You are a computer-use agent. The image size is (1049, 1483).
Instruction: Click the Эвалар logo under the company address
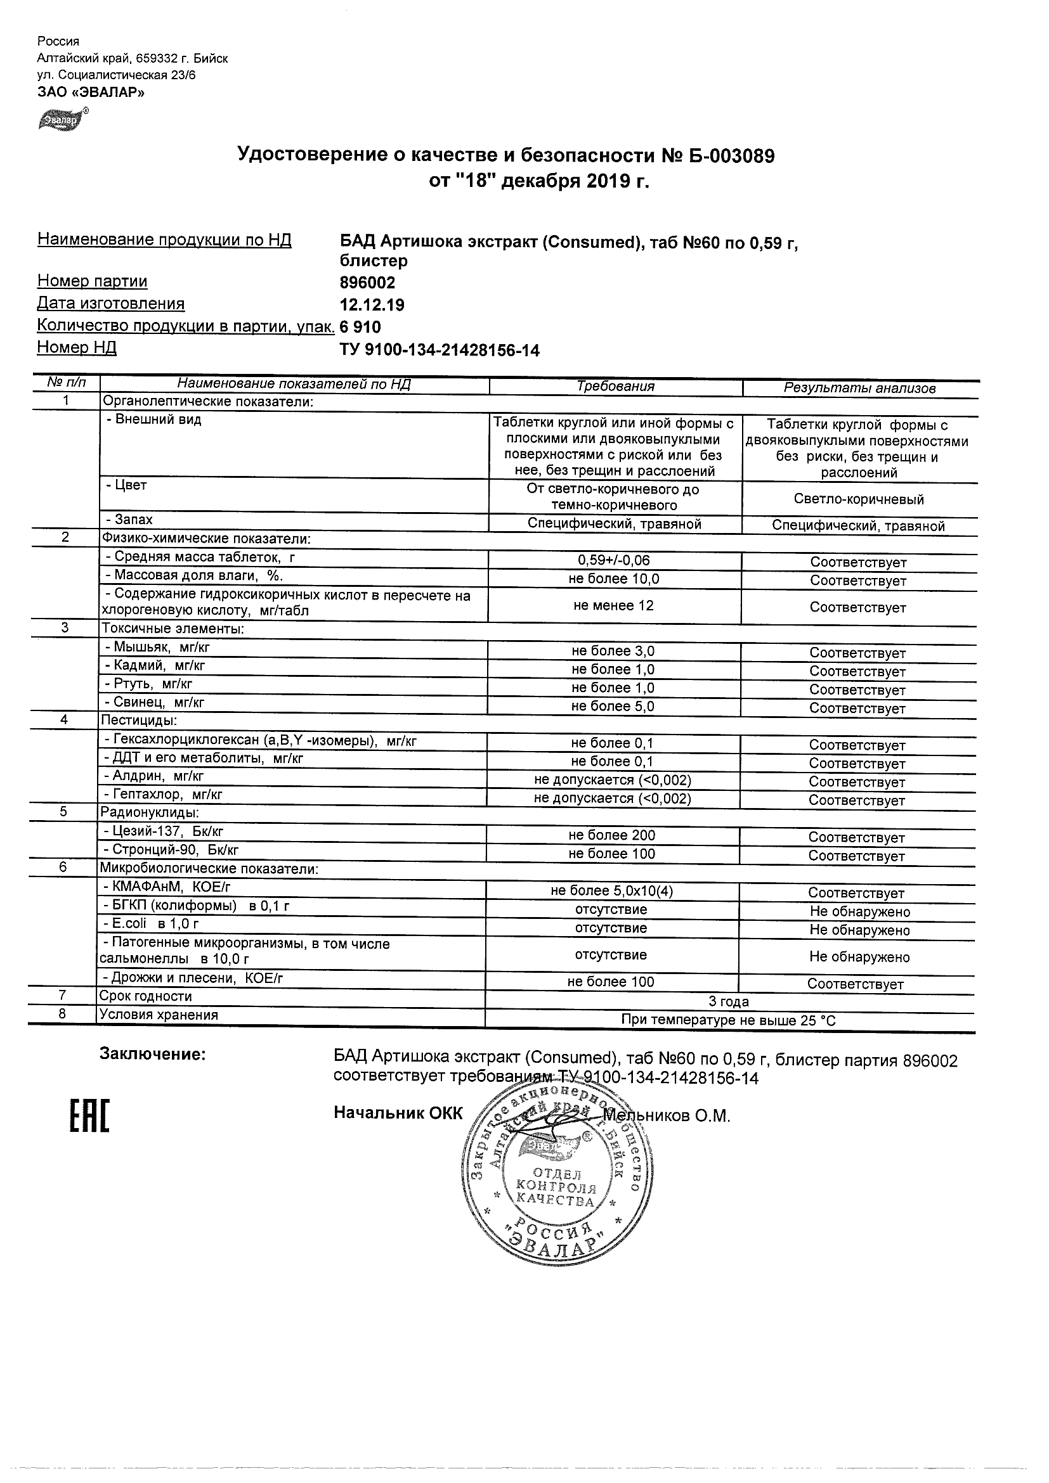pyautogui.click(x=62, y=120)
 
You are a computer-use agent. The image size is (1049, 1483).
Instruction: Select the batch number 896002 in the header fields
pyautogui.click(x=367, y=283)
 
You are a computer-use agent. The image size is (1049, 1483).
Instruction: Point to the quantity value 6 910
pyautogui.click(x=360, y=327)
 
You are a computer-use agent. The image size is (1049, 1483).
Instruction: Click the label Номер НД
pyautogui.click(x=77, y=347)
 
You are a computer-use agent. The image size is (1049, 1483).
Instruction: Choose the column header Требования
pyautogui.click(x=615, y=386)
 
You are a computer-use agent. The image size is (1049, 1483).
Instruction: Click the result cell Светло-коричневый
pyautogui.click(x=858, y=499)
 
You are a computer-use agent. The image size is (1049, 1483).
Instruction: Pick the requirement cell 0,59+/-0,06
pyautogui.click(x=613, y=561)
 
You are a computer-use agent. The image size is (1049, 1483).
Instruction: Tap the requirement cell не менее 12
pyautogui.click(x=613, y=605)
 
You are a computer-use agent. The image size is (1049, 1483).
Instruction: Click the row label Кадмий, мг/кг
pyautogui.click(x=155, y=665)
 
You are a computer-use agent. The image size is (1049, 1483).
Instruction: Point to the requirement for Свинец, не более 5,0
pyautogui.click(x=613, y=706)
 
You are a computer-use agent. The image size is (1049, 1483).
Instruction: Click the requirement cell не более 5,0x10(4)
pyautogui.click(x=611, y=891)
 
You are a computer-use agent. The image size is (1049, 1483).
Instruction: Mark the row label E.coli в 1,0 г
pyautogui.click(x=151, y=923)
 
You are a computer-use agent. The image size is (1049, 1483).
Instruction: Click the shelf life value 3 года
pyautogui.click(x=729, y=1002)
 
